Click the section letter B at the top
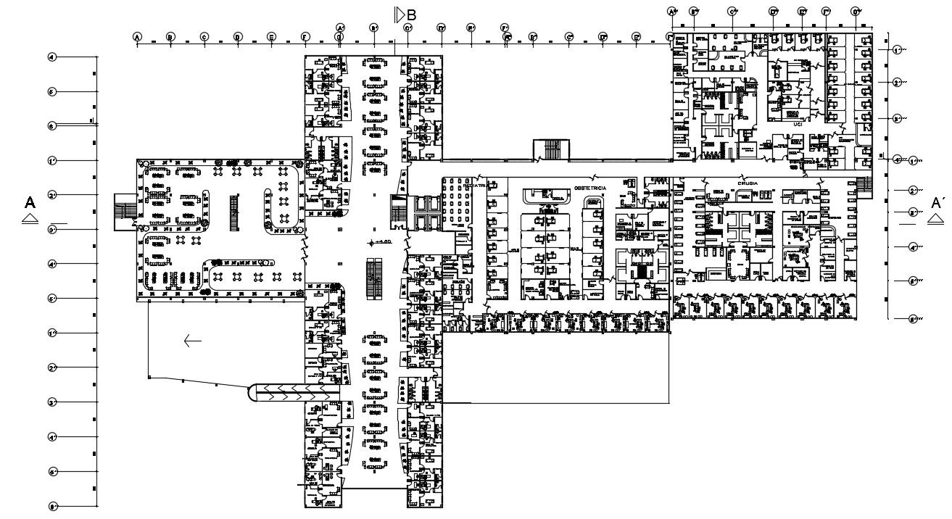(411, 14)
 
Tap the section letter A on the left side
(30, 202)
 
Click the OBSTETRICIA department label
(589, 188)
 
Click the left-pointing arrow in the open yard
(192, 341)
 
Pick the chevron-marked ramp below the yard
(294, 391)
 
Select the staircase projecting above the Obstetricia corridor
(551, 150)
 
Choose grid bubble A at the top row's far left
(137, 37)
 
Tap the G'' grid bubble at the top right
(856, 12)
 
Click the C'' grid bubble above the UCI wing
(732, 12)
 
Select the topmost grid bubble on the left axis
(52, 57)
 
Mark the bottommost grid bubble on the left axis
(52, 506)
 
